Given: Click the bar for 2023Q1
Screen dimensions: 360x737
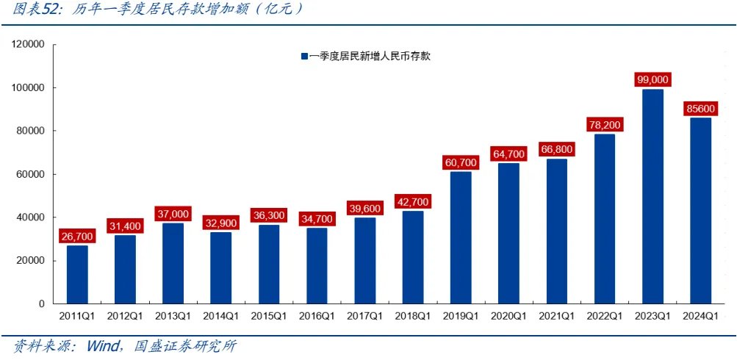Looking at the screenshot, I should point(652,196).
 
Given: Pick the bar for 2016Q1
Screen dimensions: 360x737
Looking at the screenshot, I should point(317,265).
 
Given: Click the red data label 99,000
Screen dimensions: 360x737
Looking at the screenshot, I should point(652,79).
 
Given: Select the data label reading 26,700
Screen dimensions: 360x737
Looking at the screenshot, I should point(77,236).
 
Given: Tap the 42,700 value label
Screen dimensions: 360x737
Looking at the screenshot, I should point(413,201).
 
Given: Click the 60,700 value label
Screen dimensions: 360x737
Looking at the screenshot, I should point(461,162).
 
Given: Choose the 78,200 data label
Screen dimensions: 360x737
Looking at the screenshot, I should point(605,125).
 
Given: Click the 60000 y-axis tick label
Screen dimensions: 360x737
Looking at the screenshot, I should point(31,174).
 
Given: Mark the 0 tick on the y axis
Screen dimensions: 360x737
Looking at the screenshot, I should point(42,303).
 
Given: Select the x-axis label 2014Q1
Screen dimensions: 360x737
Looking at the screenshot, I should point(221,317).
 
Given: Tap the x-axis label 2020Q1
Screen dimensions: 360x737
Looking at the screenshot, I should point(508,317).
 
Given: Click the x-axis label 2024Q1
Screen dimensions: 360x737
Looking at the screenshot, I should point(700,317).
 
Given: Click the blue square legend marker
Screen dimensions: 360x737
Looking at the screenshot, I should point(302,57).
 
